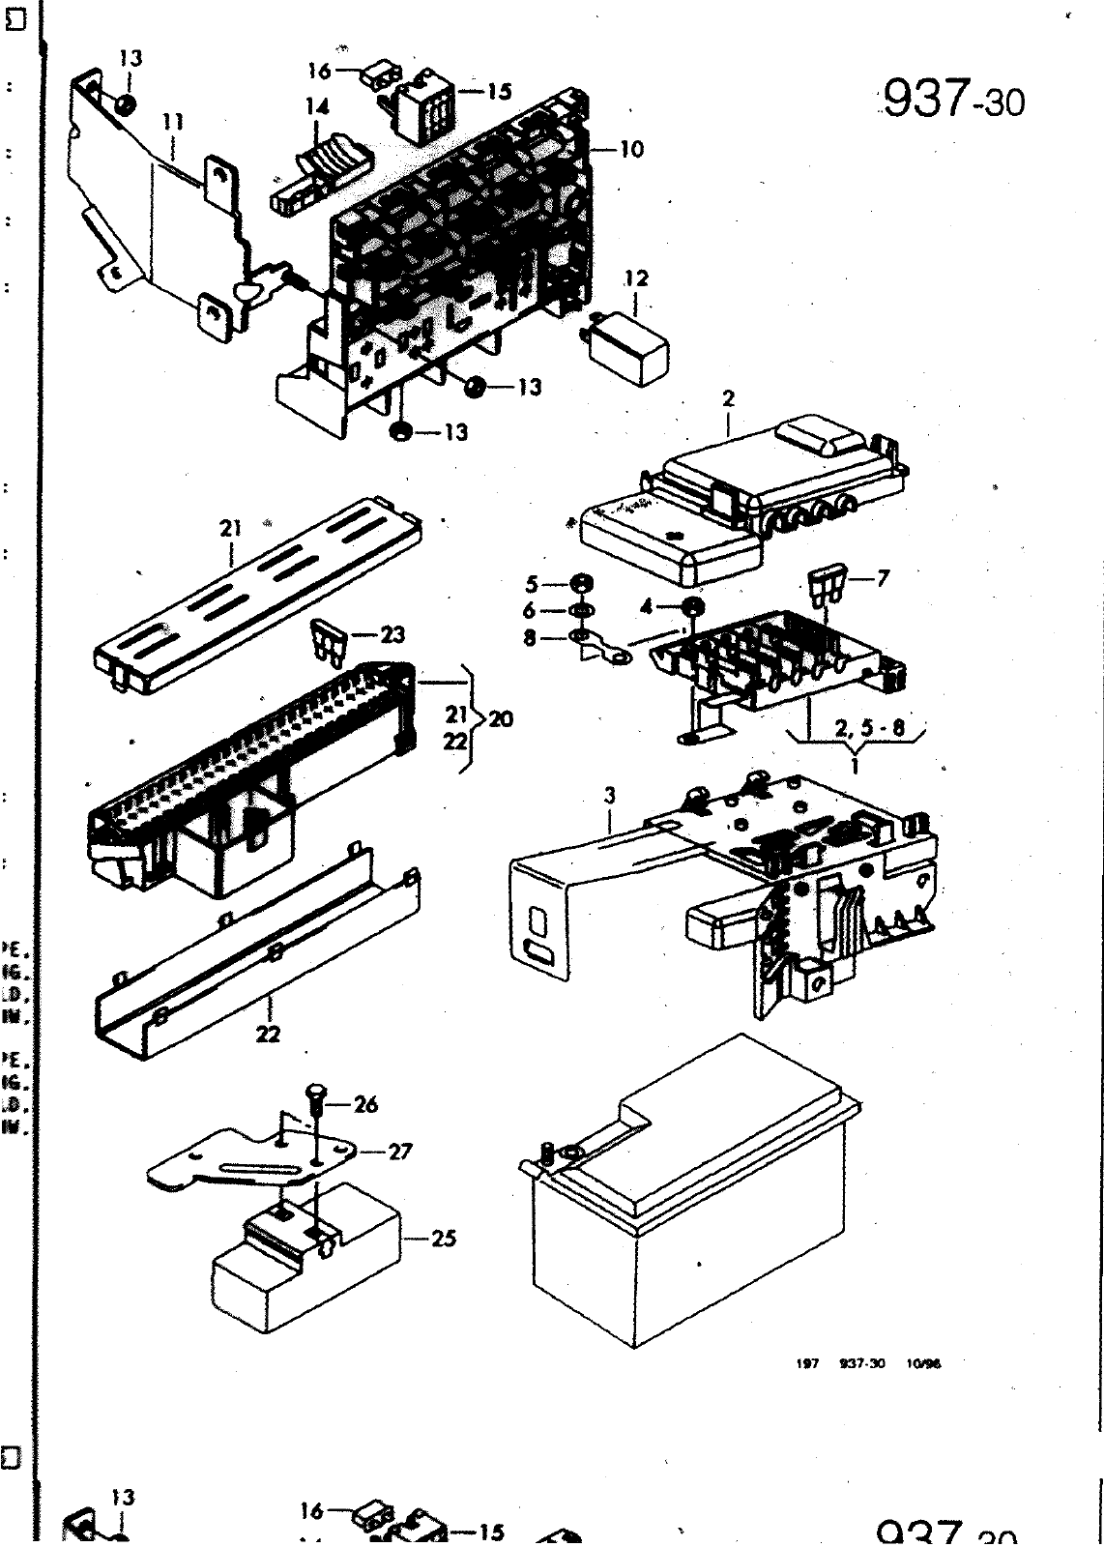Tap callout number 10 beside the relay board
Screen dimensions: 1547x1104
click(x=631, y=149)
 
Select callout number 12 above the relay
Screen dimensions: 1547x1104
click(x=636, y=278)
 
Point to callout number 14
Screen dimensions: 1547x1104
click(x=318, y=108)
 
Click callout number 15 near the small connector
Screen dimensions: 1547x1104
click(x=499, y=92)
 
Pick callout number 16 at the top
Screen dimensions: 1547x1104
click(x=320, y=71)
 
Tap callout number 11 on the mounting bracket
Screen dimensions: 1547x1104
click(x=174, y=122)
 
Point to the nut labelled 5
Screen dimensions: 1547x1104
click(x=582, y=584)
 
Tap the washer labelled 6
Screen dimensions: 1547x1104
click(x=582, y=611)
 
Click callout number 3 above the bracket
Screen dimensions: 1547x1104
click(x=609, y=796)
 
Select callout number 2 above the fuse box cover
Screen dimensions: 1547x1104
click(x=729, y=397)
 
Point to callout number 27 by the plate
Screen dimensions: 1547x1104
click(x=400, y=1152)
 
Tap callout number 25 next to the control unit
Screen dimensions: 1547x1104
click(x=444, y=1238)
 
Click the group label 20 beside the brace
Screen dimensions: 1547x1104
click(x=502, y=719)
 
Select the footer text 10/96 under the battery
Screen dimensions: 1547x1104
click(x=924, y=1363)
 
